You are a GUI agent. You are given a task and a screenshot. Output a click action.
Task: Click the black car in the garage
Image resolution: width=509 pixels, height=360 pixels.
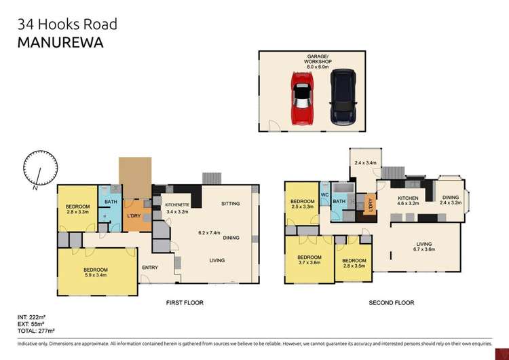[x=341, y=96]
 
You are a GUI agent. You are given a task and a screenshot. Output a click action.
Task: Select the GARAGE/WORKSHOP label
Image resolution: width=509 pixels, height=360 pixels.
[x=313, y=58]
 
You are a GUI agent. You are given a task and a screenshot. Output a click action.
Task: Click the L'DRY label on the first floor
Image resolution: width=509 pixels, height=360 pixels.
[x=133, y=217]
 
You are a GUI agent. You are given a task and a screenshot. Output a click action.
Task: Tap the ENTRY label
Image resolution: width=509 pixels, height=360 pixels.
[x=151, y=267]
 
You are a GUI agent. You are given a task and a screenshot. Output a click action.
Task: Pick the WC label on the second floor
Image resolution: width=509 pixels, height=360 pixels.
[x=325, y=194]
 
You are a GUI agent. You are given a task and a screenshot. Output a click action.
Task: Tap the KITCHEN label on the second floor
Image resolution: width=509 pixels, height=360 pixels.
[x=408, y=197]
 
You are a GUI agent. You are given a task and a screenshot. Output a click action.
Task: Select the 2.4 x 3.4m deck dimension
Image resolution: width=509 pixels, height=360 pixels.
[x=366, y=163]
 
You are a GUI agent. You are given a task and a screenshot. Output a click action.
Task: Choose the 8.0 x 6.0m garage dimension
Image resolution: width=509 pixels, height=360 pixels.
[x=313, y=67]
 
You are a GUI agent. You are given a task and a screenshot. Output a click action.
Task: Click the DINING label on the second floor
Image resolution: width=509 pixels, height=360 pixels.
[x=450, y=197]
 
